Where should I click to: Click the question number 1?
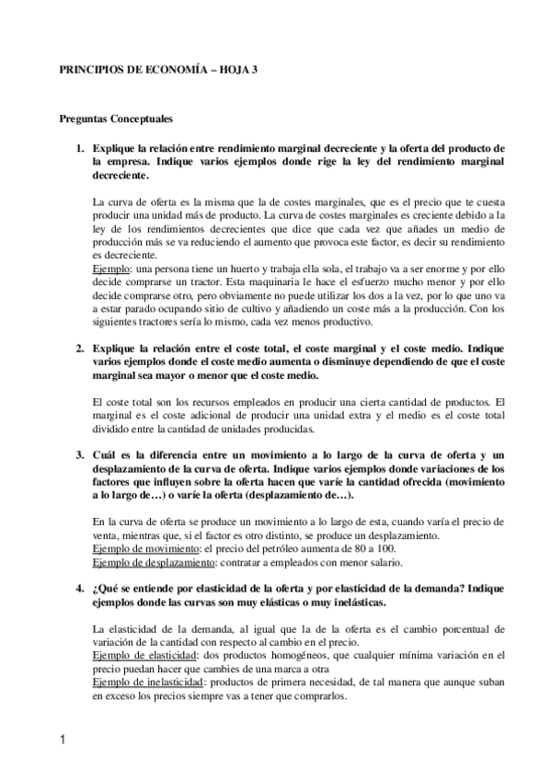pos(80,147)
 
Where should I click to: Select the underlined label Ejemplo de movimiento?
pos(145,549)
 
